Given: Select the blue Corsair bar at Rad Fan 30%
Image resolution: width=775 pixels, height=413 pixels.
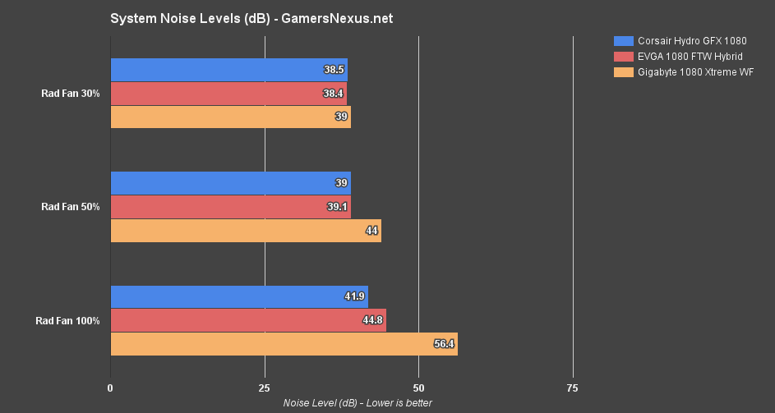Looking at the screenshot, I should pyautogui.click(x=228, y=70).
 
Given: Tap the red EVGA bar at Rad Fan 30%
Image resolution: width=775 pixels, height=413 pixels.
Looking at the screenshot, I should pyautogui.click(x=228, y=94).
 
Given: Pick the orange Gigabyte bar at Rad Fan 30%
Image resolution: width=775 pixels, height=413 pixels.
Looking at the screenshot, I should pyautogui.click(x=230, y=117).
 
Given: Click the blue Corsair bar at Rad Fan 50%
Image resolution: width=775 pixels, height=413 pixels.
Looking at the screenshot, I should pyautogui.click(x=230, y=183).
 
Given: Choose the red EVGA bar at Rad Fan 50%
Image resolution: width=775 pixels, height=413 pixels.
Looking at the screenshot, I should pyautogui.click(x=230, y=207).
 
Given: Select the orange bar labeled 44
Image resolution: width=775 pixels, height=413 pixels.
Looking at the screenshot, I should pyautogui.click(x=245, y=231).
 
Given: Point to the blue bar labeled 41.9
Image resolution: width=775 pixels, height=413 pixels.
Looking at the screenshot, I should pyautogui.click(x=238, y=297).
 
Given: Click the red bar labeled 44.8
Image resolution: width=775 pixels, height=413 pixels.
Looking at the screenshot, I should pyautogui.click(x=247, y=320).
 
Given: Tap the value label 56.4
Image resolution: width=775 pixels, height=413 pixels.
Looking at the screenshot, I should pyautogui.click(x=444, y=344).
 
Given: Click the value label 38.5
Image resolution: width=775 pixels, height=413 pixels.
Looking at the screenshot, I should pyautogui.click(x=334, y=70).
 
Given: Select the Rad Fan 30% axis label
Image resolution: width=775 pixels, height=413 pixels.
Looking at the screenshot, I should pyautogui.click(x=71, y=94).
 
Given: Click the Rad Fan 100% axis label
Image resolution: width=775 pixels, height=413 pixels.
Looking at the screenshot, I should pyautogui.click(x=67, y=321).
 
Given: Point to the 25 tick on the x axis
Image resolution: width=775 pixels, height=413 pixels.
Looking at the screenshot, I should pyautogui.click(x=265, y=388).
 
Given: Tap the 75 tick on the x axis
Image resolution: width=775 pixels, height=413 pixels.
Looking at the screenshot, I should pyautogui.click(x=573, y=388).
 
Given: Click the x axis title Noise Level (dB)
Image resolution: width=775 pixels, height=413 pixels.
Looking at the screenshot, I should pyautogui.click(x=358, y=402).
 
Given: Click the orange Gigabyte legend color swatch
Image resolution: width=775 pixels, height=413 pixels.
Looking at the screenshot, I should pyautogui.click(x=624, y=72).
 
